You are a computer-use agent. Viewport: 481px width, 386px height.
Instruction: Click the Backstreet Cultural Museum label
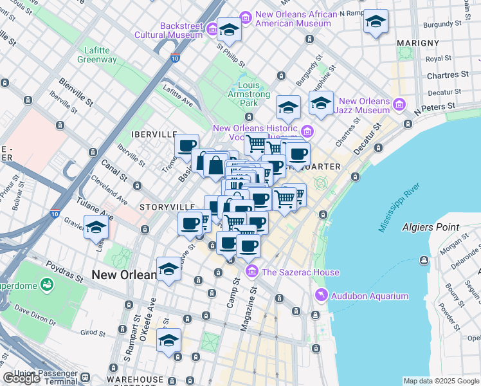pos(168,30)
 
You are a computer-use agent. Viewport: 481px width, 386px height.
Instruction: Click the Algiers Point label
pos(430,227)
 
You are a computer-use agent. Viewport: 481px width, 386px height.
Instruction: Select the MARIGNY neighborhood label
pos(418,43)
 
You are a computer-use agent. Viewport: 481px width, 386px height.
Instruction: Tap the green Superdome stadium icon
pos(46,284)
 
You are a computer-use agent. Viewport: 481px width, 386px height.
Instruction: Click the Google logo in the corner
pos(21,378)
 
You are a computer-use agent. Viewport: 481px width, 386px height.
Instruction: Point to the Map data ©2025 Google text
pos(441,381)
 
